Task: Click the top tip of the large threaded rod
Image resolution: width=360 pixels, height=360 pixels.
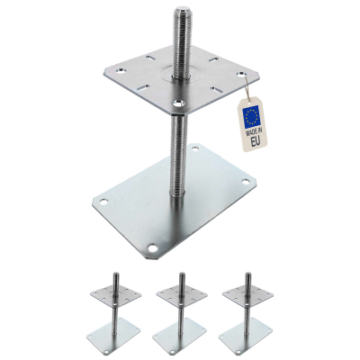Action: [172, 8]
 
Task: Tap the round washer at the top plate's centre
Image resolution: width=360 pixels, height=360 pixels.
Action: [174, 76]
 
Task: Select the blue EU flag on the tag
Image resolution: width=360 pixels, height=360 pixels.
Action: [253, 114]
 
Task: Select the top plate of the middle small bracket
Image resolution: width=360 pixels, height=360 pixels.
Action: [181, 296]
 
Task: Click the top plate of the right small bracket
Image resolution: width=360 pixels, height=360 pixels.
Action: [247, 296]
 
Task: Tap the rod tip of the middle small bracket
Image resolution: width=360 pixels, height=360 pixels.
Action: [181, 274]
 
